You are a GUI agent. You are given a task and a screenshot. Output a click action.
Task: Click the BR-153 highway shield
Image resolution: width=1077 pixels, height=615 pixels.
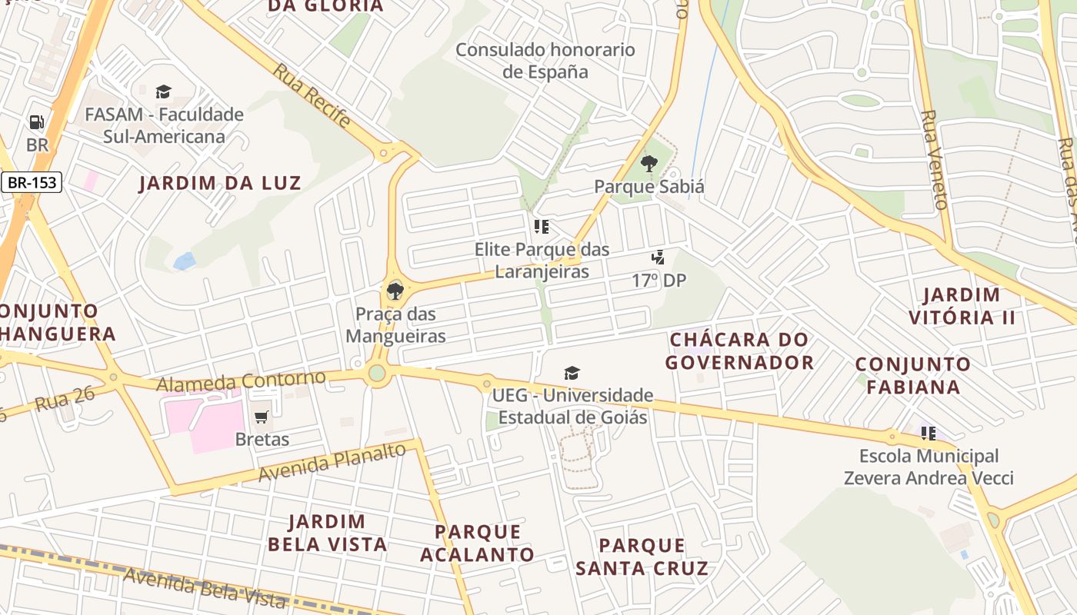tap(31, 182)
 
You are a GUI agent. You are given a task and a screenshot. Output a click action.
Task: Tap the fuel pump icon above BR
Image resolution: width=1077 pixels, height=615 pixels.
tap(36, 122)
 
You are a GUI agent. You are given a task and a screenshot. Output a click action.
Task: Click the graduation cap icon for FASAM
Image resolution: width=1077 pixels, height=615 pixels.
tap(163, 92)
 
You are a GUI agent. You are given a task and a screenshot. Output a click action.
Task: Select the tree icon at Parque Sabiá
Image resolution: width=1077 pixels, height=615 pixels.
tap(649, 163)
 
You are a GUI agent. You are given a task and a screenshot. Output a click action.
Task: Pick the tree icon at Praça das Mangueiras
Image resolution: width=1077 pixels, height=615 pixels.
tap(395, 291)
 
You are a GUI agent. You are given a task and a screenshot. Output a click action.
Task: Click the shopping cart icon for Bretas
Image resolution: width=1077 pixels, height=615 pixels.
tap(262, 417)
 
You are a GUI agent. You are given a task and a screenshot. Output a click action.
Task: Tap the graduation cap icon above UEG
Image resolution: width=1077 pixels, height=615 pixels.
tap(572, 374)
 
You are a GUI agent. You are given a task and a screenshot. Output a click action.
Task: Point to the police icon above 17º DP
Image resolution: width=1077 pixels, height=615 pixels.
tap(658, 258)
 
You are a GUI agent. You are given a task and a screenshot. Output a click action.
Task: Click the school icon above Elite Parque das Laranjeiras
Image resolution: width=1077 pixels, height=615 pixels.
tap(542, 227)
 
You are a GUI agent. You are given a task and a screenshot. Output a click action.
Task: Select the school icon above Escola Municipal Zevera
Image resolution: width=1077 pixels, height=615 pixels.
tap(929, 434)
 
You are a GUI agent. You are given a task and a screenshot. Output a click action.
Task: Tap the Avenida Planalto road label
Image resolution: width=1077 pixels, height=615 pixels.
tap(332, 462)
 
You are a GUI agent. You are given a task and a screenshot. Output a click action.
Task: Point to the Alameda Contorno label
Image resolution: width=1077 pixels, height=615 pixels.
tap(242, 381)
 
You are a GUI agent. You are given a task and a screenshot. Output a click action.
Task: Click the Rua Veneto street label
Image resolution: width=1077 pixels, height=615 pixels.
tap(934, 160)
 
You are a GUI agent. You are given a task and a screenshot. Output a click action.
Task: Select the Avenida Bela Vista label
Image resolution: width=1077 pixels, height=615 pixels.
tap(205, 589)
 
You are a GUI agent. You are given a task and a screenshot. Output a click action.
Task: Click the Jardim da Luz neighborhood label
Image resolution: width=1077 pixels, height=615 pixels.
tap(220, 183)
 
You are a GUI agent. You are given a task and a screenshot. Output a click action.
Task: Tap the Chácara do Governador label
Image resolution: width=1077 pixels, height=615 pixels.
tap(739, 351)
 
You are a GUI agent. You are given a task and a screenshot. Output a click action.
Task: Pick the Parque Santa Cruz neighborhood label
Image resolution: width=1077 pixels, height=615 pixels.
tap(642, 557)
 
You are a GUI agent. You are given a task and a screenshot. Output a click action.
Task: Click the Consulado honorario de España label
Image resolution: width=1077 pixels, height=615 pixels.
tap(545, 61)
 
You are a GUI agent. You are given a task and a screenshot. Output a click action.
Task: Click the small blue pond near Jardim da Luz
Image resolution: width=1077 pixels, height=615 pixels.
tap(185, 261)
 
